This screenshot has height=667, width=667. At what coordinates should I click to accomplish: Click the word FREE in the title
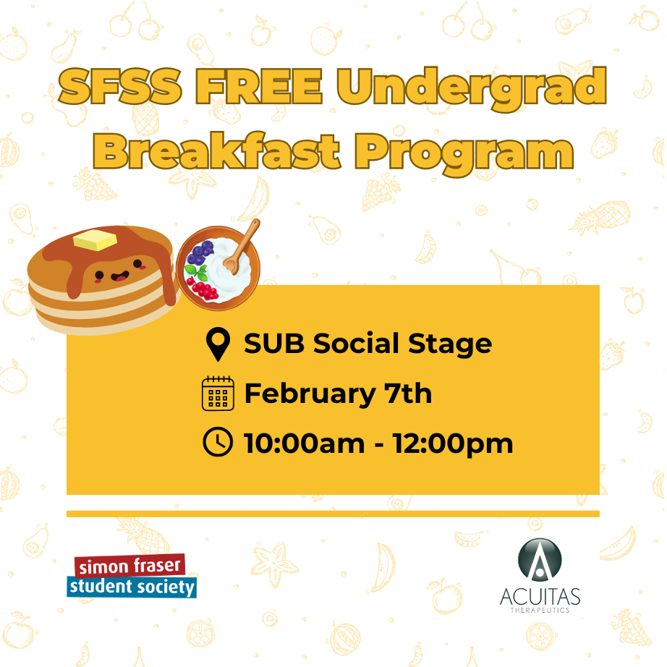259,86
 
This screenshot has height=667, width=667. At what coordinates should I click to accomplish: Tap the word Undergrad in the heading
472,89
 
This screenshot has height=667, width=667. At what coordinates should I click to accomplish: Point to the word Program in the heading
464,154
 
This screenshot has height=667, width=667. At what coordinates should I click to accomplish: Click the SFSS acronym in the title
120,86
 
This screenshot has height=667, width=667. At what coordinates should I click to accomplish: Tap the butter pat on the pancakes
95,239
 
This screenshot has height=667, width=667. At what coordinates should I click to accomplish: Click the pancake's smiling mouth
120,276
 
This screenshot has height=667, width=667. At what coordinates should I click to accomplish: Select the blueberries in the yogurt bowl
200,252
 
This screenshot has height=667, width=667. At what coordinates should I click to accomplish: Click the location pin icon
218,344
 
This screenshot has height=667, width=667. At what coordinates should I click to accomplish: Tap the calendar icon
218,394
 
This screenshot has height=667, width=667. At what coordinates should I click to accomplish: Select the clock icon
218,443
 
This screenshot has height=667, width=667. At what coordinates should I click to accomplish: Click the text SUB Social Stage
368,344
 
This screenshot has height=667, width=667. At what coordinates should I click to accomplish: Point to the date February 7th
338,394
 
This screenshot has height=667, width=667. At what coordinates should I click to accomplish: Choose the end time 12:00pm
453,444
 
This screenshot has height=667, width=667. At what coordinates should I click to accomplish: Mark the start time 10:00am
304,443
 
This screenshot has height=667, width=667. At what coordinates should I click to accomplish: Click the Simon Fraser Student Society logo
132,576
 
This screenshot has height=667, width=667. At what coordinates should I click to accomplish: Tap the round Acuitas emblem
540,560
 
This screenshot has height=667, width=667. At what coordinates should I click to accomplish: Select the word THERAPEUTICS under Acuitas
540,610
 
